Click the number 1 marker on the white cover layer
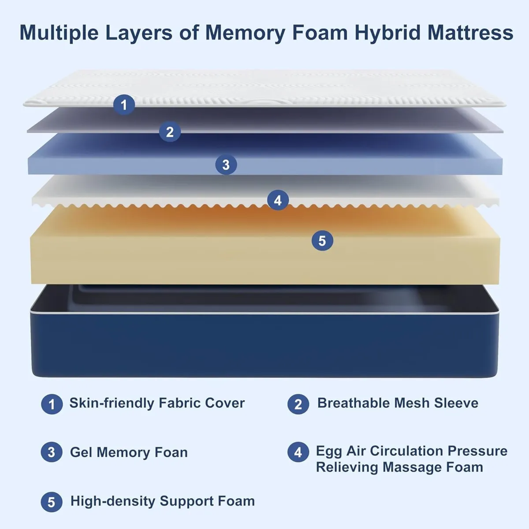pyautogui.click(x=124, y=105)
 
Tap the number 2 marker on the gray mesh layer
pyautogui.click(x=170, y=131)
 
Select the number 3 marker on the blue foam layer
pyautogui.click(x=226, y=165)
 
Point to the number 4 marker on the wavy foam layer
pyautogui.click(x=278, y=200)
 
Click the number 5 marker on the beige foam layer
pyautogui.click(x=322, y=241)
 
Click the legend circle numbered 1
pyautogui.click(x=52, y=404)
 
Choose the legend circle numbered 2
pyautogui.click(x=298, y=404)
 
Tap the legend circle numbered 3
pyautogui.click(x=52, y=452)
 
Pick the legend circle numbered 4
pyautogui.click(x=298, y=452)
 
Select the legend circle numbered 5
pyautogui.click(x=52, y=502)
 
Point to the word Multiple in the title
pyautogui.click(x=59, y=33)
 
